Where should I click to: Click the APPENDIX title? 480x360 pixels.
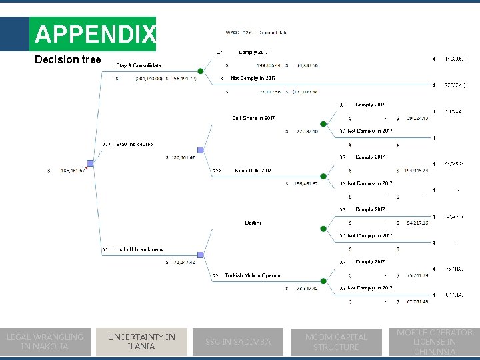pyautogui.click(x=95, y=34)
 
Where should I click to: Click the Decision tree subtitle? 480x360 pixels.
pyautogui.click(x=68, y=60)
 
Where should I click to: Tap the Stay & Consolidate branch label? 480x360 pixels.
pyautogui.click(x=139, y=65)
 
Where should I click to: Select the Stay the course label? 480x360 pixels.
pyautogui.click(x=134, y=144)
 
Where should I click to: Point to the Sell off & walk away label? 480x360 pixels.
pyautogui.click(x=140, y=249)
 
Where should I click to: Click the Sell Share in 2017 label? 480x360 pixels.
pyautogui.click(x=253, y=118)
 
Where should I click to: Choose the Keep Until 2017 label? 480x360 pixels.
pyautogui.click(x=253, y=171)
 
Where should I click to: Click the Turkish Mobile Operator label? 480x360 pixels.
pyautogui.click(x=253, y=275)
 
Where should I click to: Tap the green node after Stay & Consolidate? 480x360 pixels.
pyautogui.click(x=201, y=71)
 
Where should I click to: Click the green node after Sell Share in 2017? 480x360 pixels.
pyautogui.click(x=323, y=124)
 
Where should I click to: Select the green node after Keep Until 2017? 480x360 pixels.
pyautogui.click(x=323, y=177)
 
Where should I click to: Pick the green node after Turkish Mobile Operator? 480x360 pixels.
pyautogui.click(x=323, y=281)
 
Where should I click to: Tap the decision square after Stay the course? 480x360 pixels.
pyautogui.click(x=201, y=151)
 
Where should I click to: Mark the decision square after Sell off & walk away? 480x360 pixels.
pyautogui.click(x=201, y=255)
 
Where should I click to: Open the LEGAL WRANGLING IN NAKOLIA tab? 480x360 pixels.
pyautogui.click(x=45, y=341)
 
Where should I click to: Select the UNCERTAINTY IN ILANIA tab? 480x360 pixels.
pyautogui.click(x=141, y=341)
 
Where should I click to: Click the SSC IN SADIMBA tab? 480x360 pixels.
pyautogui.click(x=238, y=341)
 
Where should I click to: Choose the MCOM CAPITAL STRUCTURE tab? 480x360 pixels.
pyautogui.click(x=336, y=341)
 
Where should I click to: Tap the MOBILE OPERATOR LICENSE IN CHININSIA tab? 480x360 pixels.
pyautogui.click(x=435, y=341)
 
